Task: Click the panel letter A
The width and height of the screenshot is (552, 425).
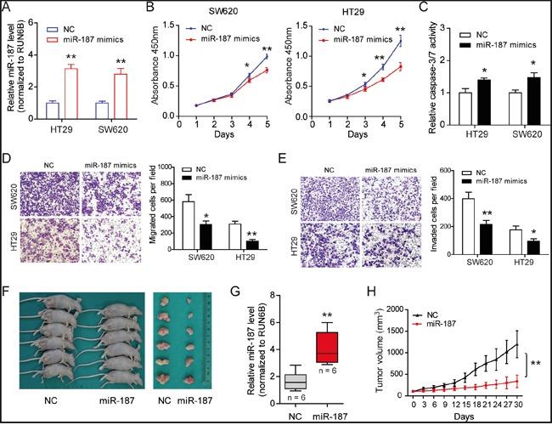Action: [x=8, y=8]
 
